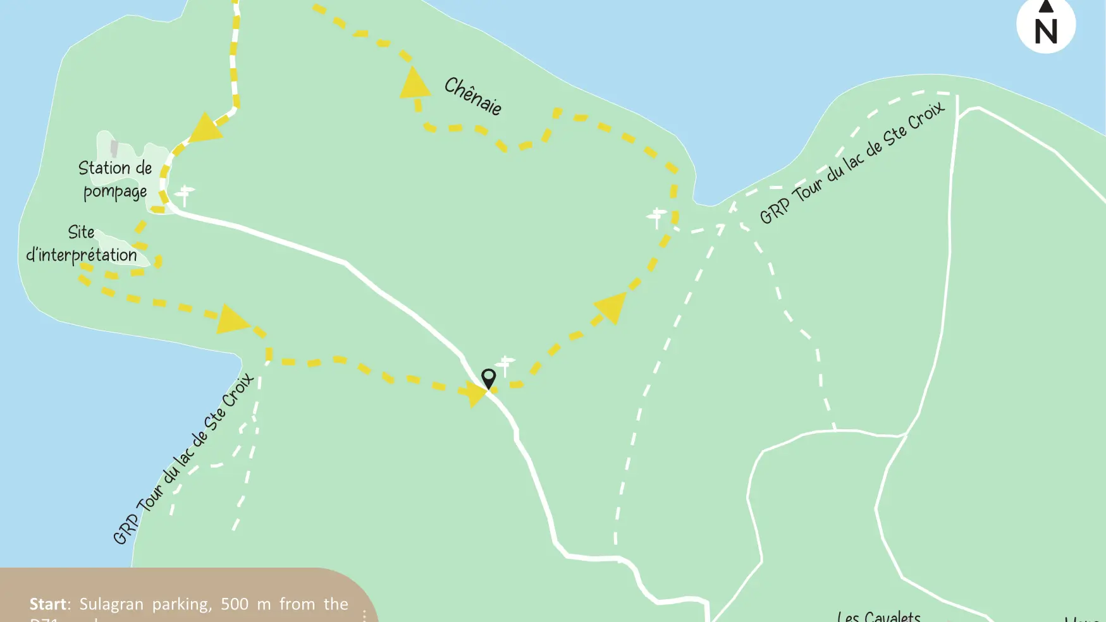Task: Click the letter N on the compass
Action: [x=1046, y=31]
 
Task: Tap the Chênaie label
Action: [x=473, y=96]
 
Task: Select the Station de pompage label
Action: [x=115, y=180]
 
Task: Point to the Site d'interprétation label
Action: [x=82, y=244]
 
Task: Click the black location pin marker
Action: [x=488, y=378]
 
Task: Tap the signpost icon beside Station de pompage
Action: [x=185, y=195]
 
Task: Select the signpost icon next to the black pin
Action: [x=505, y=365]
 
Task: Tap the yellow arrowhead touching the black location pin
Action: [x=474, y=393]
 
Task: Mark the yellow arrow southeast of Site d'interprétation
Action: [x=232, y=320]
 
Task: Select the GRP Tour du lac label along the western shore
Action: [x=183, y=459]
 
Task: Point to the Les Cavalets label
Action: [x=878, y=616]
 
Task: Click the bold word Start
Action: [x=49, y=604]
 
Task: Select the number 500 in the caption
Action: [x=234, y=604]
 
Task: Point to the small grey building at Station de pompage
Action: [x=114, y=149]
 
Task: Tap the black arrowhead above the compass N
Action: [x=1046, y=6]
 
